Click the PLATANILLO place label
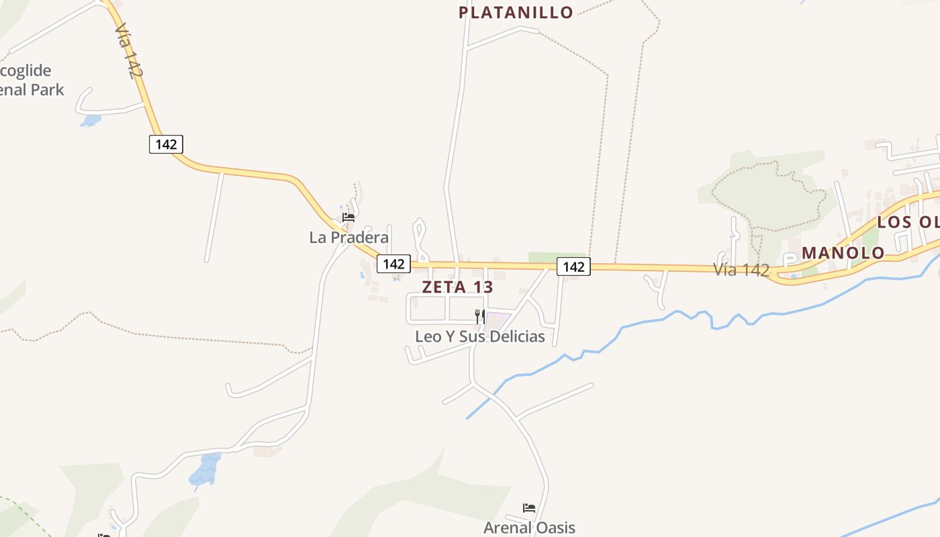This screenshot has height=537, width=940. (516, 12)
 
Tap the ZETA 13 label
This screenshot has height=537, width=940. (457, 287)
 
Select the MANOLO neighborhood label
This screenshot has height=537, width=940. (843, 253)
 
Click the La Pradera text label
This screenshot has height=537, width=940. (348, 237)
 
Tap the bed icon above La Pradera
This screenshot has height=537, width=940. (348, 217)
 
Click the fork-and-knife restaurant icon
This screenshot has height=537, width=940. (479, 316)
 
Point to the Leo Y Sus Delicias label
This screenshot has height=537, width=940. (479, 336)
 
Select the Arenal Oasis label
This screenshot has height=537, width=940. (529, 528)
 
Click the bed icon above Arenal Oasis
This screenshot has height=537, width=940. (529, 508)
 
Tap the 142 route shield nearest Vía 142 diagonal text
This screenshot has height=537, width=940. (166, 144)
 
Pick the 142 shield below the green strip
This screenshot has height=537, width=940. (573, 266)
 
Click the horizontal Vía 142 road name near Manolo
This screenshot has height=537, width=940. (741, 270)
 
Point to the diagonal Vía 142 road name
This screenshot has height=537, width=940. (128, 52)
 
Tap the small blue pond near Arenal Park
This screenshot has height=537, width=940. (90, 121)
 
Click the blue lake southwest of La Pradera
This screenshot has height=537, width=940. (205, 469)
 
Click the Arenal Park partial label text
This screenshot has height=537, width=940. (32, 89)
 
